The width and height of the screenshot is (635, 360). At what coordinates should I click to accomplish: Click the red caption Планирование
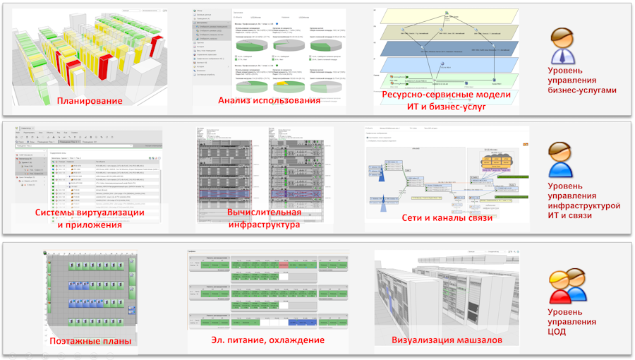[90, 100]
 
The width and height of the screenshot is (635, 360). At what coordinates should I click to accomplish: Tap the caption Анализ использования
[269, 100]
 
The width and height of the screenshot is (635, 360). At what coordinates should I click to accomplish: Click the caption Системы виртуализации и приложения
[90, 219]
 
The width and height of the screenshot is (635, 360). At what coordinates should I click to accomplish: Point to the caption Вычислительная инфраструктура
[265, 219]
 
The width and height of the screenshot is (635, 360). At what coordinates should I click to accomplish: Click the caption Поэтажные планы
[90, 341]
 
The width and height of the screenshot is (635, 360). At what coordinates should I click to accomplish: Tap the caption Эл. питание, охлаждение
[268, 340]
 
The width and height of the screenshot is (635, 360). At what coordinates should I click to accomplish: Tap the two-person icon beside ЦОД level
[567, 287]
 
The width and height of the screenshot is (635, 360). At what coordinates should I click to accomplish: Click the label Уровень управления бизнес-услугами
[583, 80]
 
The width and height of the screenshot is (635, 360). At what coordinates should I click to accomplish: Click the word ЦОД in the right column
[560, 331]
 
